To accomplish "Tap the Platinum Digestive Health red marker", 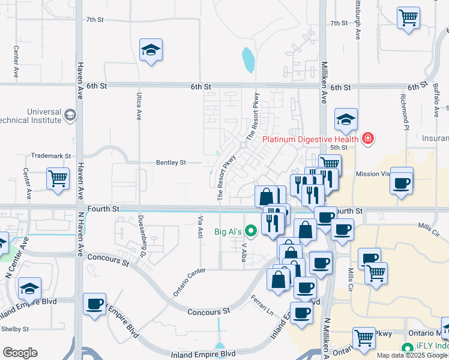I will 367,140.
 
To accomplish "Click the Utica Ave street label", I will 138,107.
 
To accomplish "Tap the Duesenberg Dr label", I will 142,232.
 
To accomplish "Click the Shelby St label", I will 14,329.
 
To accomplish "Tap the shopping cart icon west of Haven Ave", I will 58,178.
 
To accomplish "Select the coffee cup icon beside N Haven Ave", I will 94,304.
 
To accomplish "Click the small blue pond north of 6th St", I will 248,59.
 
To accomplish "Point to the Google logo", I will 20,353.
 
